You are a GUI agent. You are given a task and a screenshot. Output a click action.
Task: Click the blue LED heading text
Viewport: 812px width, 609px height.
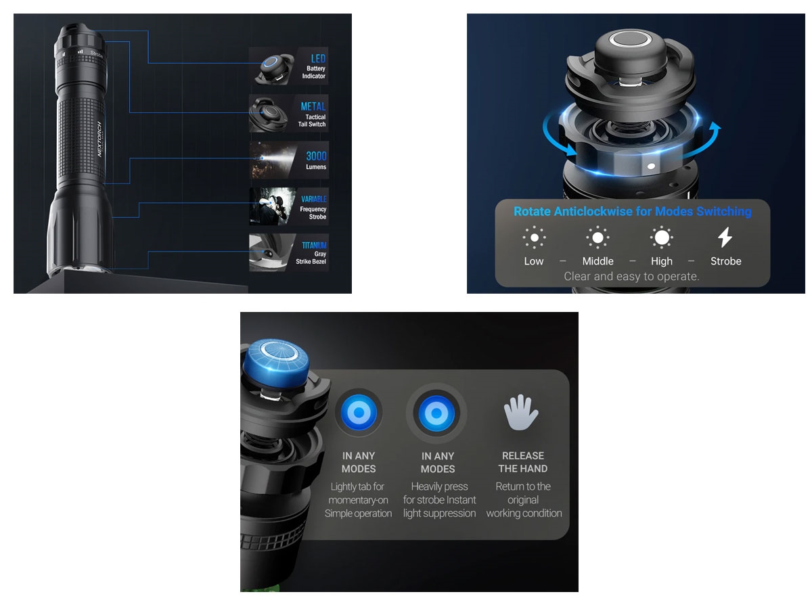(x=318, y=58)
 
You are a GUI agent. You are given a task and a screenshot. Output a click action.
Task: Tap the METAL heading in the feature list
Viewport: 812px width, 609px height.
(x=313, y=106)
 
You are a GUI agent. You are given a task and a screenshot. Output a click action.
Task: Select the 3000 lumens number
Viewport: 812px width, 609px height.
(x=316, y=156)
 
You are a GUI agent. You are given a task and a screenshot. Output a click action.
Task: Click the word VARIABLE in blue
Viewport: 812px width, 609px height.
(x=314, y=199)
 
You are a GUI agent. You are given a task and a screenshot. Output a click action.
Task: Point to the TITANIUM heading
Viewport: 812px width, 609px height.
(x=314, y=245)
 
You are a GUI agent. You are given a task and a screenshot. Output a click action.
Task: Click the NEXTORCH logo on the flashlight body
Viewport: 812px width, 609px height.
(x=99, y=139)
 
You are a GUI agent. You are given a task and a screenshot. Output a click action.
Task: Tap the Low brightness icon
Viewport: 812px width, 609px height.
(x=534, y=237)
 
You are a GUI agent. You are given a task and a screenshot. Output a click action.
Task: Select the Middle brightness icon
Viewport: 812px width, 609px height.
(x=597, y=237)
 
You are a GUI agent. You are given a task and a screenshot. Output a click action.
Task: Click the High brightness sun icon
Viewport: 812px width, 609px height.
(x=661, y=237)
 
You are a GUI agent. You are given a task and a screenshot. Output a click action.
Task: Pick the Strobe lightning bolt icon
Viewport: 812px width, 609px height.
(x=725, y=237)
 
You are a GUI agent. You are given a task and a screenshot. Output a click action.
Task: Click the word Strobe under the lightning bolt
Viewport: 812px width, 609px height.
(x=725, y=261)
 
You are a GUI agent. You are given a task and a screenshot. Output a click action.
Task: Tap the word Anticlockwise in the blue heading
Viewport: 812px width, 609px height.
(x=593, y=211)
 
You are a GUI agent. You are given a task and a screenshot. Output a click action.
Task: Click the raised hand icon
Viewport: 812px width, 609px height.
(x=521, y=412)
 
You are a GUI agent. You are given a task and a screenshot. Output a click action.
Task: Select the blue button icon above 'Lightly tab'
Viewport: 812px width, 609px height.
(x=359, y=412)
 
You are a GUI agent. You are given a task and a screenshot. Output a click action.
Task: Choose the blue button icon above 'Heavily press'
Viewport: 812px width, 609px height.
(x=436, y=413)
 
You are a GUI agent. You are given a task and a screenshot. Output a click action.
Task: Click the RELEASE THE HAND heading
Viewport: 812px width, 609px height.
(x=522, y=462)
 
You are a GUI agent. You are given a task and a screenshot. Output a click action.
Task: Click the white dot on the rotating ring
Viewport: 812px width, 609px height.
(x=651, y=166)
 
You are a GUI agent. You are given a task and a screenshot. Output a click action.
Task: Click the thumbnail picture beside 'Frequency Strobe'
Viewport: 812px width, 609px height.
(x=272, y=206)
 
